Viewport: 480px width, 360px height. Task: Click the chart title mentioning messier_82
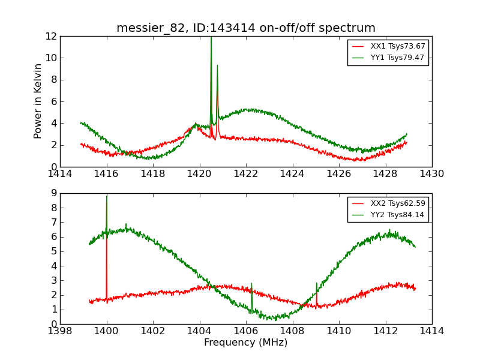click(x=246, y=28)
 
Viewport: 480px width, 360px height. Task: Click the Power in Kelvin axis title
click(x=38, y=101)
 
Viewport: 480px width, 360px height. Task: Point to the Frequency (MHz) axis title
click(x=246, y=343)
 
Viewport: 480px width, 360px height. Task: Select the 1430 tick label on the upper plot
click(x=431, y=174)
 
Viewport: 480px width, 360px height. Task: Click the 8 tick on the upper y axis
click(x=54, y=80)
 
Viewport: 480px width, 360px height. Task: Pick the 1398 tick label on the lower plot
click(x=60, y=331)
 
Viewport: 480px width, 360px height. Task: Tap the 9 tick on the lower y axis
click(x=54, y=193)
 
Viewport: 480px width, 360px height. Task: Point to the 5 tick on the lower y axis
click(x=54, y=251)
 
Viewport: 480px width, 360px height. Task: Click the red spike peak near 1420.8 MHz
click(x=217, y=66)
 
